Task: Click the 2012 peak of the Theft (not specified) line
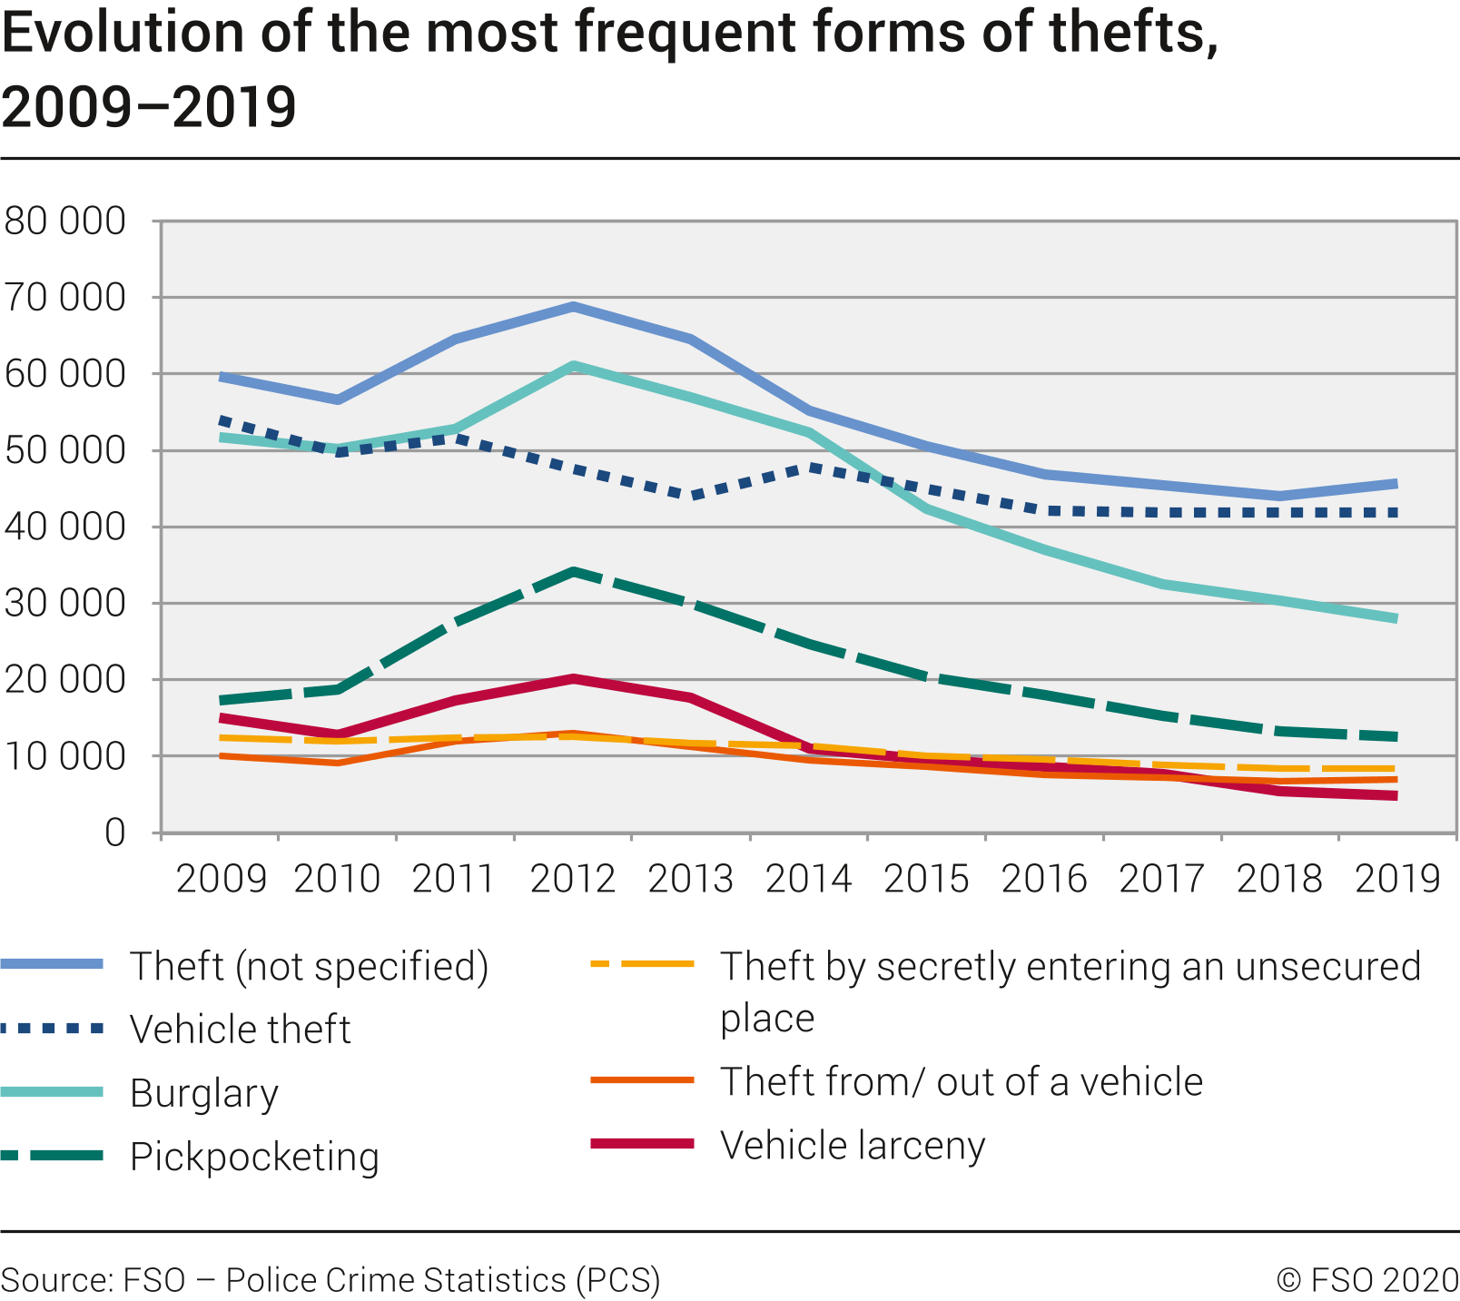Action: pyautogui.click(x=573, y=307)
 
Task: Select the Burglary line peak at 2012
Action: pyautogui.click(x=573, y=366)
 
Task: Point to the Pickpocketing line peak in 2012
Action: pyautogui.click(x=573, y=572)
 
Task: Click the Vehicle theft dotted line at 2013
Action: pyautogui.click(x=692, y=496)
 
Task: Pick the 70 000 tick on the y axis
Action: pyautogui.click(x=64, y=298)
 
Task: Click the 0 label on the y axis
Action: pyautogui.click(x=114, y=833)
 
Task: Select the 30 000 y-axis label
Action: pyautogui.click(x=64, y=604)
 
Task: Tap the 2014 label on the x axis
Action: pyautogui.click(x=808, y=879)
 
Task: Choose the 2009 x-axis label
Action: pyautogui.click(x=221, y=879)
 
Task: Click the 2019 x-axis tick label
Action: pyautogui.click(x=1397, y=879)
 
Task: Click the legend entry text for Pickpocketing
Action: pyautogui.click(x=254, y=1157)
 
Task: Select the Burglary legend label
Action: pyautogui.click(x=204, y=1093)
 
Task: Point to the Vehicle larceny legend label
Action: pyautogui.click(x=853, y=1146)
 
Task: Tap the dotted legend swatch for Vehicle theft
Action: pyautogui.click(x=53, y=1029)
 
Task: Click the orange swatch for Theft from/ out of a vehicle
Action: pyautogui.click(x=642, y=1080)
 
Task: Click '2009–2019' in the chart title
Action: pyautogui.click(x=149, y=107)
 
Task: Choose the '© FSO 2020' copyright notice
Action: pyautogui.click(x=1367, y=1280)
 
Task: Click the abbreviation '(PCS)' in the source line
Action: pyautogui.click(x=618, y=1280)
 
